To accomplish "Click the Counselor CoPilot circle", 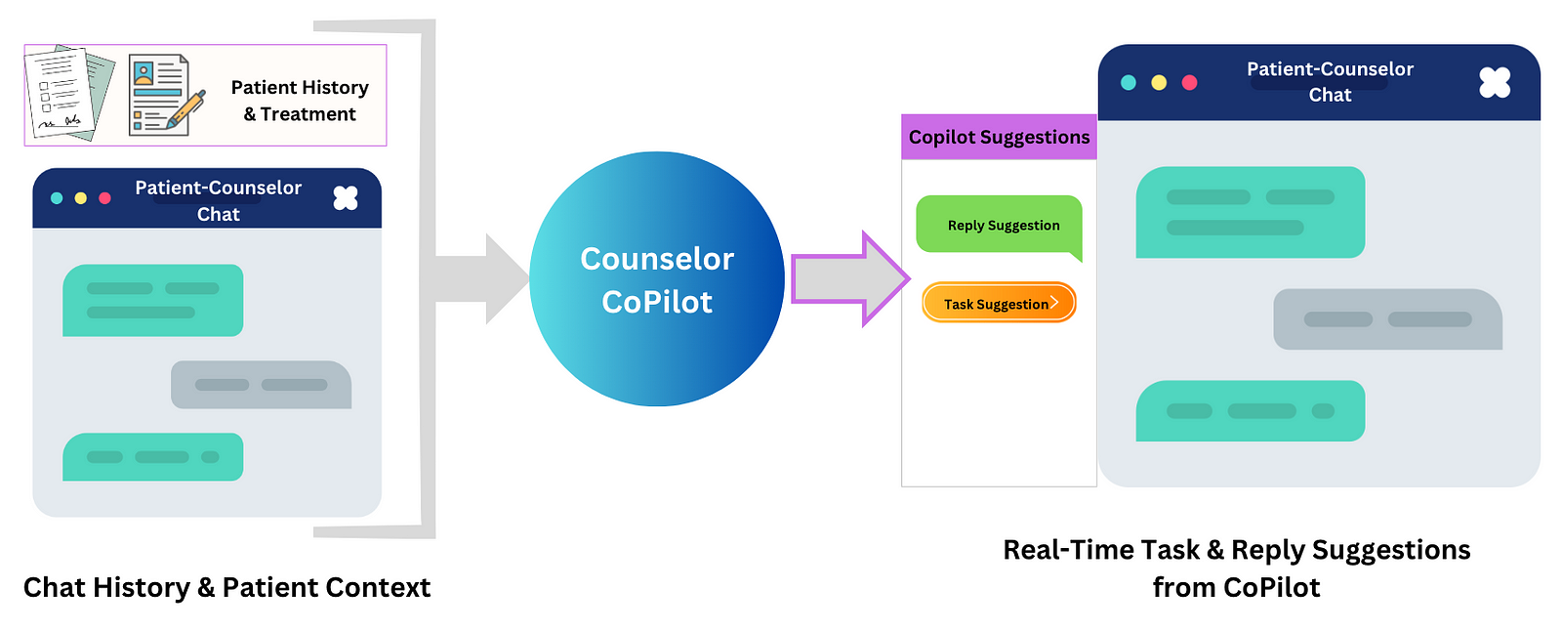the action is click(657, 279).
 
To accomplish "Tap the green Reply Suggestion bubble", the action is click(1000, 226).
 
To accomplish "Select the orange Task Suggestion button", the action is click(999, 303).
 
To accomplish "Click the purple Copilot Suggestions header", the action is click(999, 137).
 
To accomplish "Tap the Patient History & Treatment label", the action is click(300, 101).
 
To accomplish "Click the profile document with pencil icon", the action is click(167, 95).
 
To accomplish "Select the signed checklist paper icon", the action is click(69, 93).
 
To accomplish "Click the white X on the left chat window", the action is click(346, 198).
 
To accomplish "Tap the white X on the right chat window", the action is click(1495, 82).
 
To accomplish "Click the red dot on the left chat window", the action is click(104, 198).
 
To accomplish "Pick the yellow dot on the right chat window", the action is click(1158, 83).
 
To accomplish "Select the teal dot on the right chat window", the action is click(1128, 83).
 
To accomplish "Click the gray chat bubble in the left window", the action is click(262, 385).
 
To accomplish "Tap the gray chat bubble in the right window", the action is click(1387, 319).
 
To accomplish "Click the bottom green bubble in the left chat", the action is click(152, 457).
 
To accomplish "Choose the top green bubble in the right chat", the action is click(1251, 212).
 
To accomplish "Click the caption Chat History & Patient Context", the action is click(226, 588).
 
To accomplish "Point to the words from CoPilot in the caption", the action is click(1236, 588).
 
